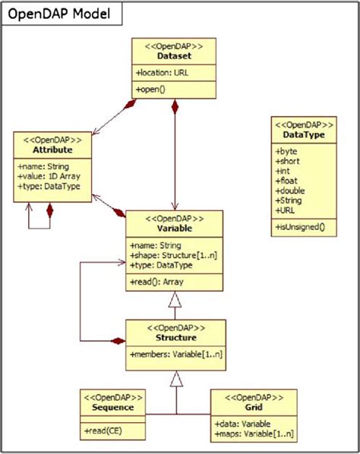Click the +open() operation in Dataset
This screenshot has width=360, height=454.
[x=152, y=90]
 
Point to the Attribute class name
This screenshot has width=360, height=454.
[x=53, y=151]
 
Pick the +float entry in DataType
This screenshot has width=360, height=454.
[x=286, y=181]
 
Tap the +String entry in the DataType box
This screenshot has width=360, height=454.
[x=289, y=200]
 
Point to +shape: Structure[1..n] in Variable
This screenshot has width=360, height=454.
[x=175, y=255]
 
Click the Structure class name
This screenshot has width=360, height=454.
[x=175, y=337]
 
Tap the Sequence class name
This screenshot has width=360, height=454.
[x=113, y=406]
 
